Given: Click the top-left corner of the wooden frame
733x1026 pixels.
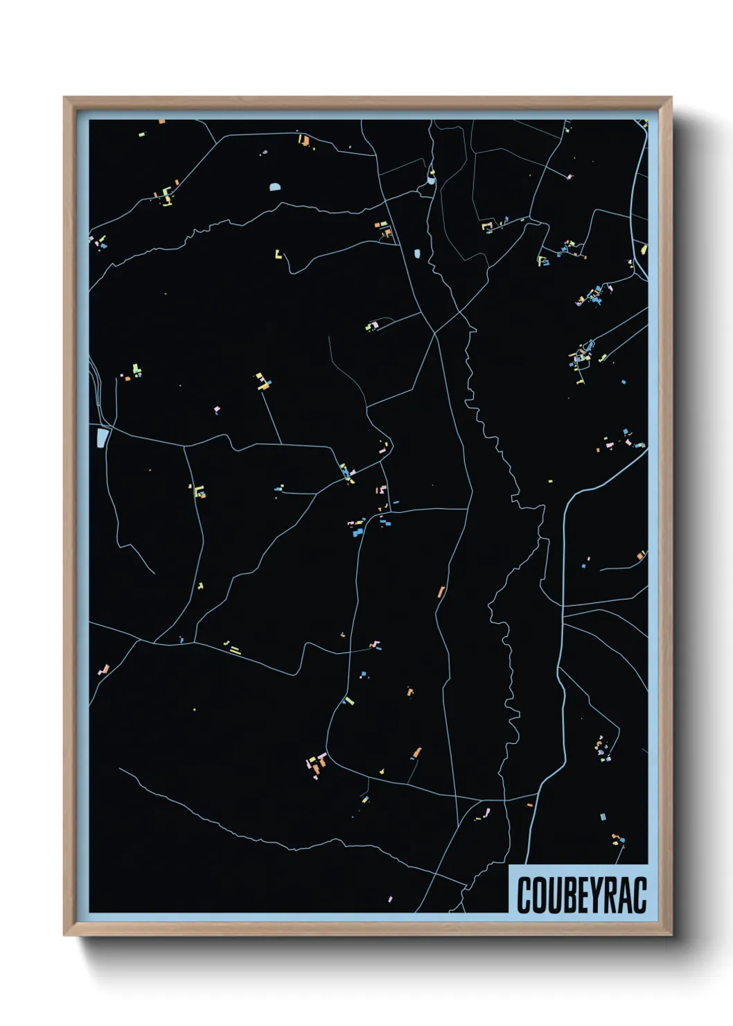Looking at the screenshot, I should point(65,98).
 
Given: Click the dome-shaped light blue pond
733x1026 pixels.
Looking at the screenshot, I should point(276,186).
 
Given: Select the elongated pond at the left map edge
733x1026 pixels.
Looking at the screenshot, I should point(103,437).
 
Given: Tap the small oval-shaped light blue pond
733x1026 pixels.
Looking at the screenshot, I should point(417,254).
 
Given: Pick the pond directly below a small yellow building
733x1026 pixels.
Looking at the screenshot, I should point(431,180).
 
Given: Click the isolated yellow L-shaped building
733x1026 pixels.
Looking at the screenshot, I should point(279,254).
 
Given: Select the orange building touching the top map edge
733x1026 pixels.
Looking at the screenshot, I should point(162,122).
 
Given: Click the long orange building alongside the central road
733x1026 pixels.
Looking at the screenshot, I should point(441,592).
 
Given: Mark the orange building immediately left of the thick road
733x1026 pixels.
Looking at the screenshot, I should point(529,805).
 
